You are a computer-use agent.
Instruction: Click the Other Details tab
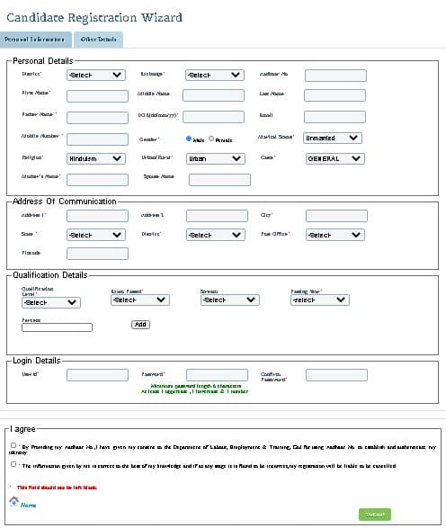(98, 40)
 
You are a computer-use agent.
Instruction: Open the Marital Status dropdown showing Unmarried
(333, 138)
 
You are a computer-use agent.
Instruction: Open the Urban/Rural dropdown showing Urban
(214, 158)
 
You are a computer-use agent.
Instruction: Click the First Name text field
(97, 94)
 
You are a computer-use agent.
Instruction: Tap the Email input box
(334, 116)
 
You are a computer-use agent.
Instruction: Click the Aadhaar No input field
(334, 74)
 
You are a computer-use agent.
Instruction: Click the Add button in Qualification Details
(140, 324)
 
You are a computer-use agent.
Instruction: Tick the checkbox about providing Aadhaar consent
(13, 444)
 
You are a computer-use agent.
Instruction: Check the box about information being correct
(13, 465)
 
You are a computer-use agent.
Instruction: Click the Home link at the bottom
(28, 506)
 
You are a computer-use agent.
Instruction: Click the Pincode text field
(97, 254)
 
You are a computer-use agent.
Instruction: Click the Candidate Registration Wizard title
(94, 17)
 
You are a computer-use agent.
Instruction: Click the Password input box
(216, 374)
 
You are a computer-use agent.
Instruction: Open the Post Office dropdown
(334, 234)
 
